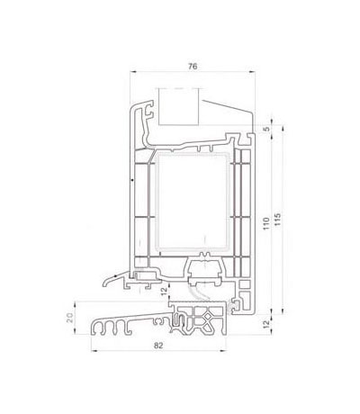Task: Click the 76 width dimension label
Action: click(x=193, y=67)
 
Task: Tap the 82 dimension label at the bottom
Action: click(x=158, y=346)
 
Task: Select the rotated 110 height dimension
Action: click(x=265, y=223)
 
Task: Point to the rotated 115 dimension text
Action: click(x=278, y=220)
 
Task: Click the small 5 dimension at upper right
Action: click(x=267, y=129)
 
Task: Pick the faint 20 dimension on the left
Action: click(x=69, y=318)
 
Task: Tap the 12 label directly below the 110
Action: click(x=266, y=324)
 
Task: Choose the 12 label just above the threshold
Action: click(x=164, y=292)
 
